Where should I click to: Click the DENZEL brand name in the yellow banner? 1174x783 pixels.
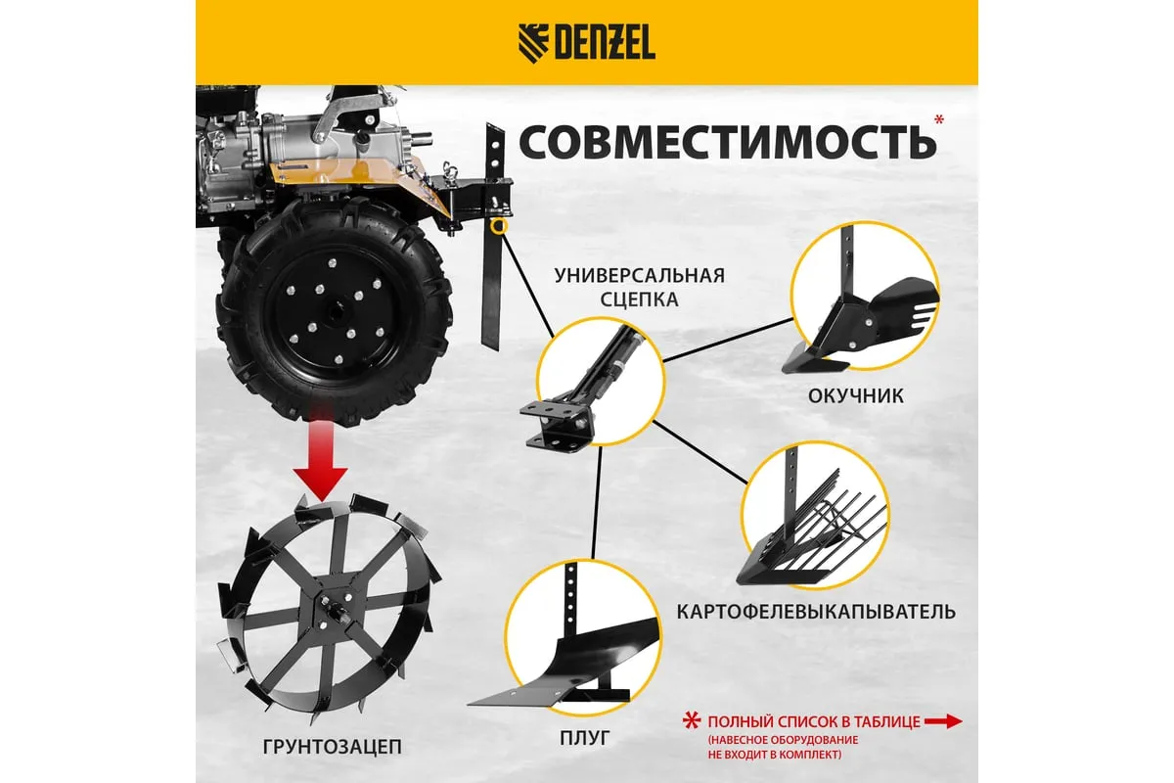coord(606,42)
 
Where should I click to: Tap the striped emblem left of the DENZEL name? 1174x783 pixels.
coord(533,43)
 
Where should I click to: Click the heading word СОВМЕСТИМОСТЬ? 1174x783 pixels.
coord(728,143)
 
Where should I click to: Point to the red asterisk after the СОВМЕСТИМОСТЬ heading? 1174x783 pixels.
coord(939,119)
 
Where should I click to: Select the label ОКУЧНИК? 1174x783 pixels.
coord(855,396)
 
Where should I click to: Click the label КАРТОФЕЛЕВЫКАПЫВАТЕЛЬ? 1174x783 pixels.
coord(816,612)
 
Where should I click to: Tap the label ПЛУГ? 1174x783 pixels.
coord(585,738)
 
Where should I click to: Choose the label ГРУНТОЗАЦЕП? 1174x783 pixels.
coord(332,747)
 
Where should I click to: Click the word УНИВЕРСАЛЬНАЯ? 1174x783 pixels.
coord(640,275)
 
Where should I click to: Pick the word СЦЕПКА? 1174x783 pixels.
coord(640,299)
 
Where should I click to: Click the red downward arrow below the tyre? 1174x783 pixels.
coord(321,451)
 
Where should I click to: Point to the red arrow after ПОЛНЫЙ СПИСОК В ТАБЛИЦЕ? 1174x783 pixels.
coord(943,721)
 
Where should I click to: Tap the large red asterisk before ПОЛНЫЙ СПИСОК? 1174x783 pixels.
coord(692,721)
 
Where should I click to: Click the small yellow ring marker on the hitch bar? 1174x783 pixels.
coord(499,226)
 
